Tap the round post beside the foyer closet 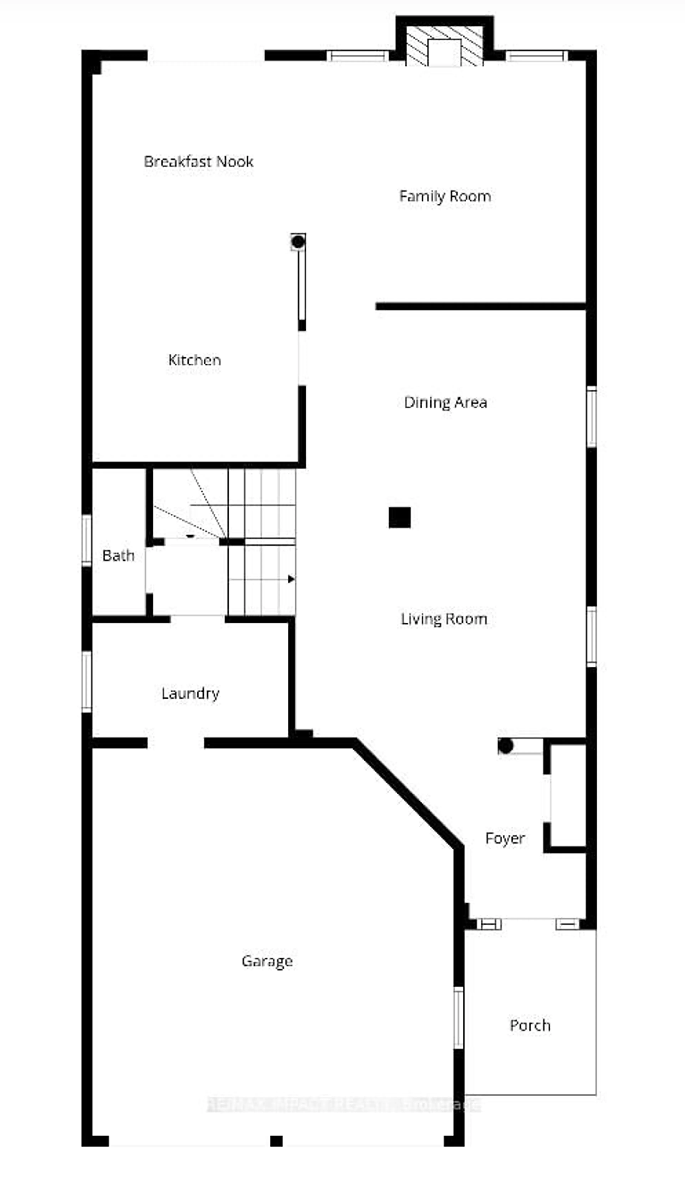tap(505, 746)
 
